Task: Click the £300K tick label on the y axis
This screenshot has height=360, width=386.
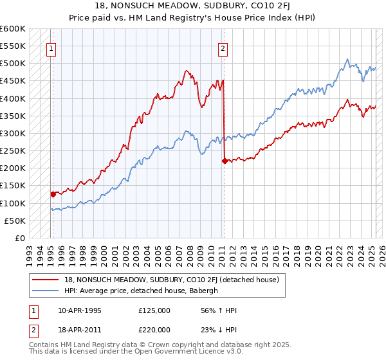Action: click(13, 134)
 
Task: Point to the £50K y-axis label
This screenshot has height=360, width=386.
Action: click(15, 221)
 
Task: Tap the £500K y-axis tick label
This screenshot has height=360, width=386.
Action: click(13, 64)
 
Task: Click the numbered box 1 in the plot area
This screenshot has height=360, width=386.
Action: click(51, 48)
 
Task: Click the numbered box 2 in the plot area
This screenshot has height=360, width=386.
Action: click(223, 48)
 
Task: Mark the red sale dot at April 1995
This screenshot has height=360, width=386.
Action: click(53, 194)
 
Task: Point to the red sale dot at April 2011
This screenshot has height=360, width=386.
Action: click(225, 161)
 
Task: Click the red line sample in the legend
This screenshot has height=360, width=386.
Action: click(46, 280)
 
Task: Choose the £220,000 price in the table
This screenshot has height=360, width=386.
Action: click(154, 328)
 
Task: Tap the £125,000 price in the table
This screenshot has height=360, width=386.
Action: click(154, 310)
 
